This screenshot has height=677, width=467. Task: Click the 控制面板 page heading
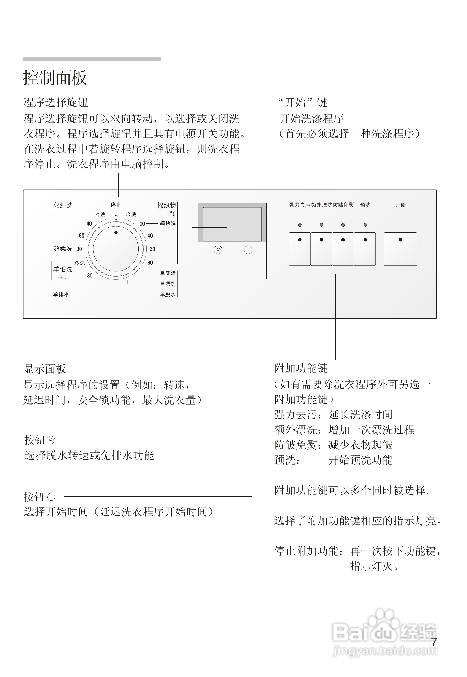55,78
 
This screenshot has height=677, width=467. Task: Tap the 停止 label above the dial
116,205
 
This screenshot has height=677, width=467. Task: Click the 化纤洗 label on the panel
63,205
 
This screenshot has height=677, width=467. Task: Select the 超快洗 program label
168,223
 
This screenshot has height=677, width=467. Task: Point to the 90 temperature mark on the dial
150,263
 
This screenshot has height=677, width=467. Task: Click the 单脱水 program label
168,294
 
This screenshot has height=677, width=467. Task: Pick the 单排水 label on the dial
61,294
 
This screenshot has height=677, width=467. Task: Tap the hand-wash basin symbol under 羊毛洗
62,277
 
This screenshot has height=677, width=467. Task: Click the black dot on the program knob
116,232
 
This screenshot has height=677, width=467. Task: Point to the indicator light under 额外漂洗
322,225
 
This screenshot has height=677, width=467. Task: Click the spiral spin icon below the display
218,250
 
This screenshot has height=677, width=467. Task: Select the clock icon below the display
248,250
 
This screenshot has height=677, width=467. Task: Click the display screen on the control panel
232,224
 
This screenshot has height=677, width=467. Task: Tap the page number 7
434,643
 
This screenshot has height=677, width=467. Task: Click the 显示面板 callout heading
45,369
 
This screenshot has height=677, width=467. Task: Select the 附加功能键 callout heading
301,368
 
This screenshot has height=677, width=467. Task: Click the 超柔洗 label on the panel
63,248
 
